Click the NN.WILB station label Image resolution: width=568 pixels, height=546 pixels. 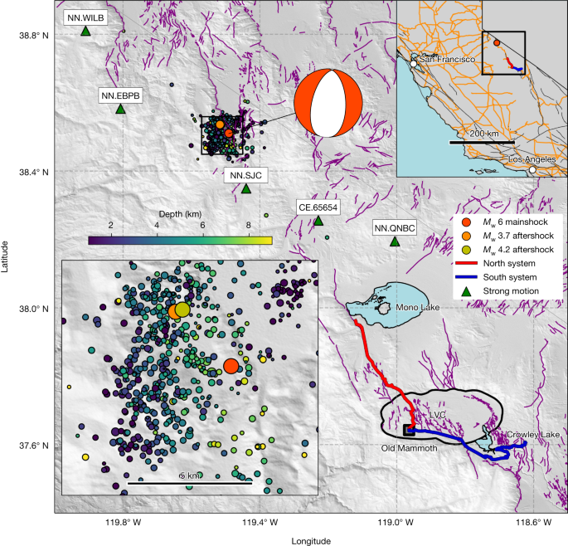[85, 17]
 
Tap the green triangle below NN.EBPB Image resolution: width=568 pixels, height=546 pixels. [120, 109]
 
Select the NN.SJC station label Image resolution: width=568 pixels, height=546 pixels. [245, 174]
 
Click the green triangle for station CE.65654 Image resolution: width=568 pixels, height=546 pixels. [318, 221]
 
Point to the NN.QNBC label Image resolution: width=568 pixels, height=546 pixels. [394, 227]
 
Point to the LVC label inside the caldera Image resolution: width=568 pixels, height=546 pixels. [437, 414]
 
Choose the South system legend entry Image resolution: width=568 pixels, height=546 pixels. [507, 277]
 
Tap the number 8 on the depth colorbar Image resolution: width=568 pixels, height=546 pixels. [247, 225]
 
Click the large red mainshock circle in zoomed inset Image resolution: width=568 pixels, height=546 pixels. [231, 366]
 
